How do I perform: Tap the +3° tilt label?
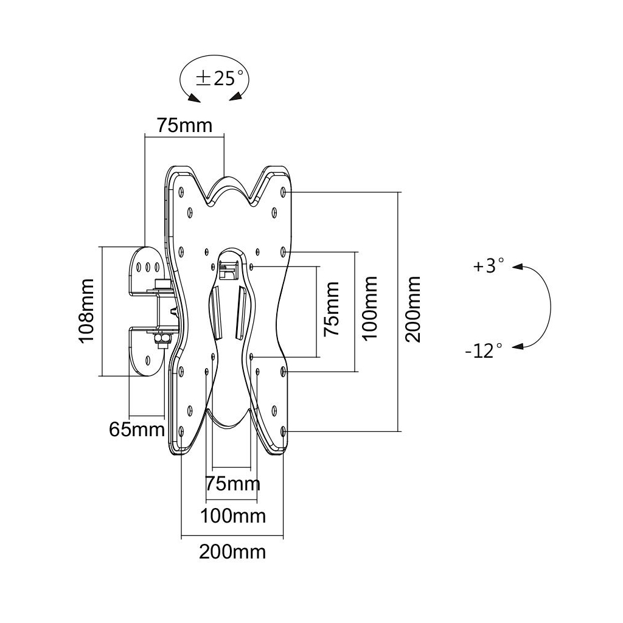489,266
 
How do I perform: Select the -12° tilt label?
484,350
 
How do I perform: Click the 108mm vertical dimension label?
86,311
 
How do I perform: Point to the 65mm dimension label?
137,430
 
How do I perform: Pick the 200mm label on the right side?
414,309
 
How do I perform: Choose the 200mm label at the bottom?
232,552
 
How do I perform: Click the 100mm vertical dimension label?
371,308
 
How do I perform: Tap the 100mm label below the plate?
233,517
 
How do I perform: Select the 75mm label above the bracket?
185,125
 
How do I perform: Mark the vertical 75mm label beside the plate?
331,309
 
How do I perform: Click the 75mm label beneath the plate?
233,484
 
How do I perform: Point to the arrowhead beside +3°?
517,266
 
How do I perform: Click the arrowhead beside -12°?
517,347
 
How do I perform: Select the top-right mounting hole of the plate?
285,192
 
